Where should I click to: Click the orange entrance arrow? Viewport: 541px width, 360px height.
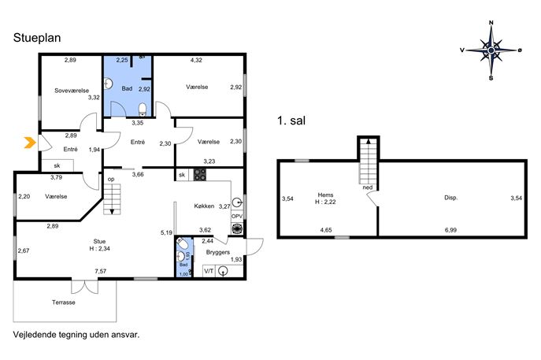pos(30,143)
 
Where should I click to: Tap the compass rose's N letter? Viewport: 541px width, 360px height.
pos(491,23)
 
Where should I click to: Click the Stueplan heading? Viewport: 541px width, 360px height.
pos(37,38)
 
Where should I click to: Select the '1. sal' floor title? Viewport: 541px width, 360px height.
pos(291,121)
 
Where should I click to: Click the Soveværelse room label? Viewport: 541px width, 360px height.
pos(72,91)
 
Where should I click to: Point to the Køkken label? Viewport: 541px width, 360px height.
pos(204,206)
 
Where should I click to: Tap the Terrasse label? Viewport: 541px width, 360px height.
pos(64,302)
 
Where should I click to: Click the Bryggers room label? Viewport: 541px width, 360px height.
pos(217,252)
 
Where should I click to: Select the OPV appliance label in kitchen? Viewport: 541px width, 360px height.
pos(237,217)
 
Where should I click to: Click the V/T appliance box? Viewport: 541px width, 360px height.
pos(209,271)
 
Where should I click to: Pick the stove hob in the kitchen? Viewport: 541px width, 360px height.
pos(200,175)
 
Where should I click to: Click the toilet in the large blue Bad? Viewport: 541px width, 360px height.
pos(143,109)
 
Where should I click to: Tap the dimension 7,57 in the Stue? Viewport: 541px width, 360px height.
pos(100,271)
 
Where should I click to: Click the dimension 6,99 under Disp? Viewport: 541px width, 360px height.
pos(450,230)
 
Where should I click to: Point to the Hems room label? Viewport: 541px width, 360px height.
pos(325,195)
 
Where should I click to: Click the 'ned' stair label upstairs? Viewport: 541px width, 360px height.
pos(368,187)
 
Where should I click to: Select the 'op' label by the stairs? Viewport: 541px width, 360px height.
pos(111,180)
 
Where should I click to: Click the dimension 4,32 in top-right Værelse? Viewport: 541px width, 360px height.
pos(196,60)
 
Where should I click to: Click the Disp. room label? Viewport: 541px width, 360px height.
pos(451,198)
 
